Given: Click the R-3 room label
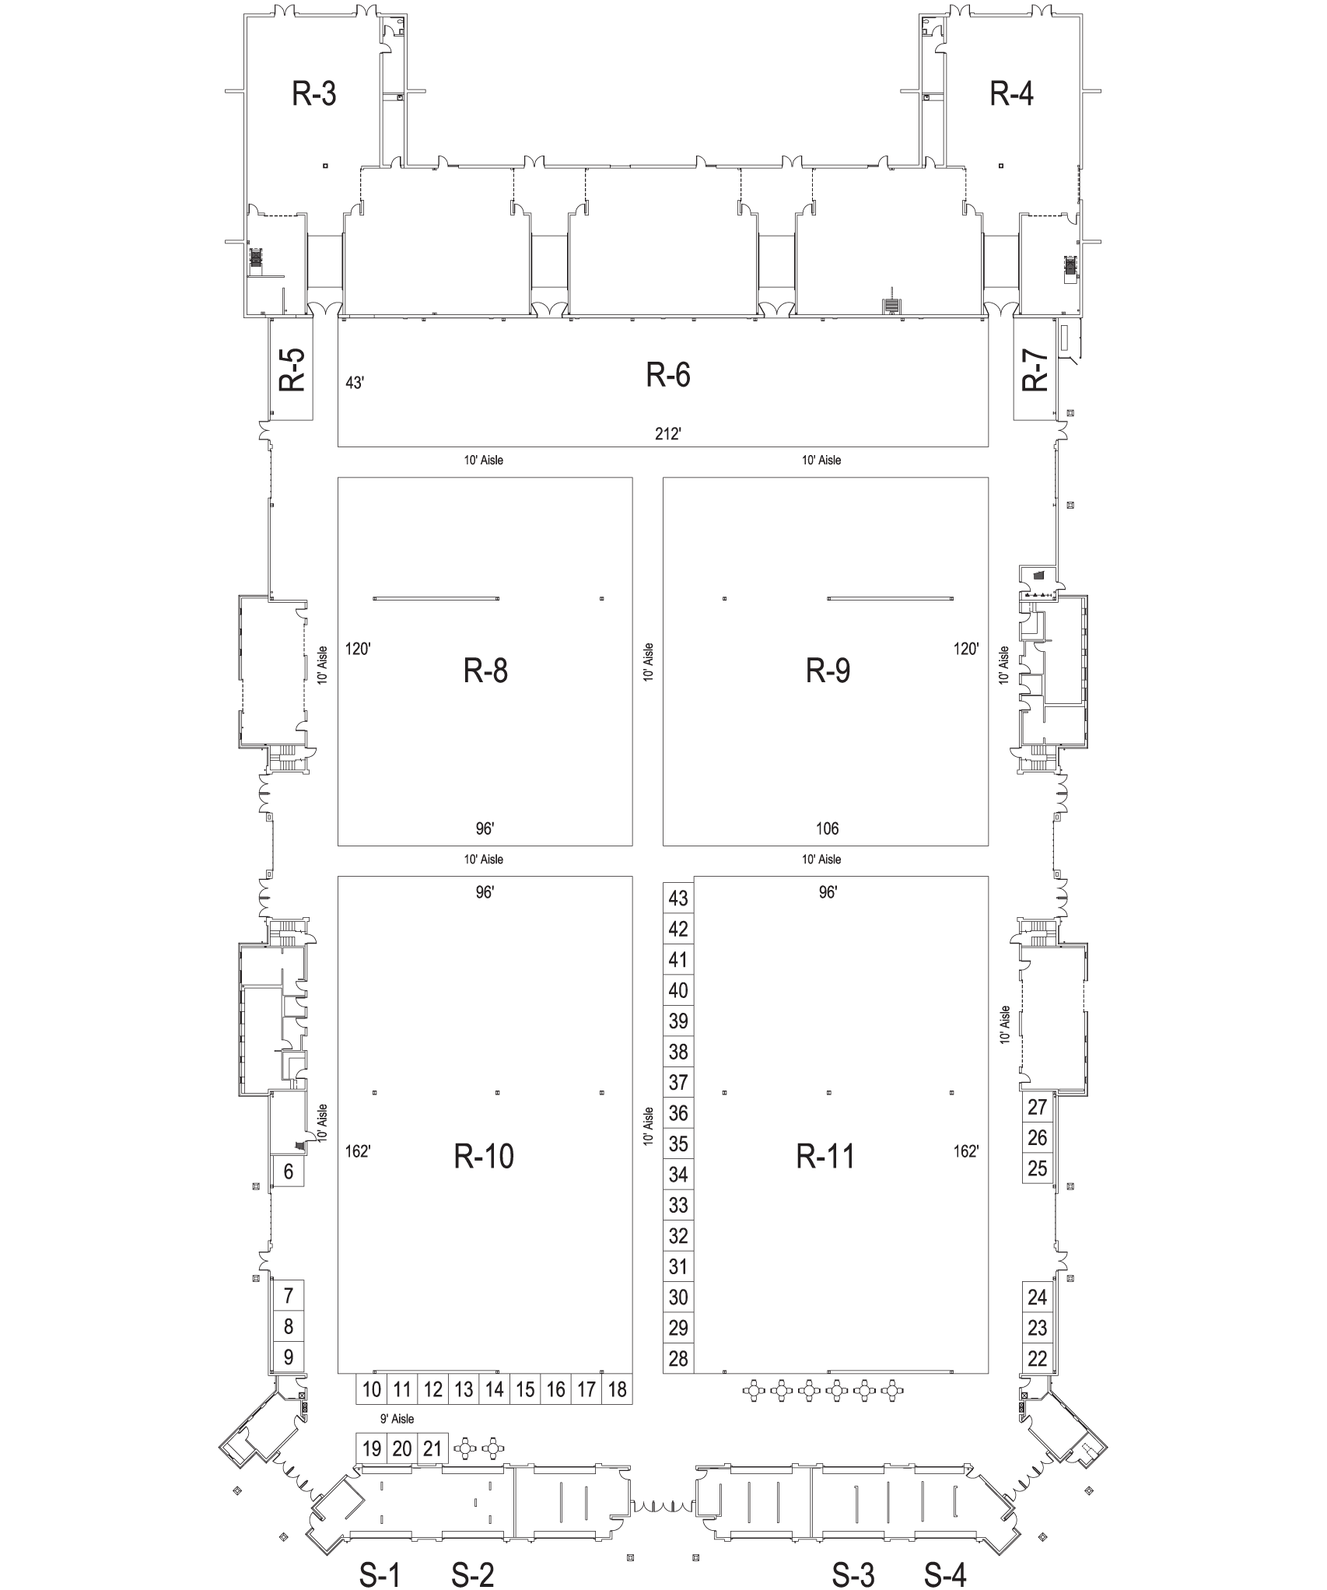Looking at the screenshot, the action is [314, 94].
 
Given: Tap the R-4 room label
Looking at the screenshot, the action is [1011, 94].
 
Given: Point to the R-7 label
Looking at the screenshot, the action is [1035, 370].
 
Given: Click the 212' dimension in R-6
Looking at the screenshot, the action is [668, 434].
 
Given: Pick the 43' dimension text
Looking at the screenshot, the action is [355, 383].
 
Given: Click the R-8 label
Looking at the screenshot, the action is [485, 670].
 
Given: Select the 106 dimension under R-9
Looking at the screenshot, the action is [828, 828].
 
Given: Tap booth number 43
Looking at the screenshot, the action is [678, 898].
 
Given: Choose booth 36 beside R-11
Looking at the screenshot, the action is [678, 1113].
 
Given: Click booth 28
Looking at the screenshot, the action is [678, 1359].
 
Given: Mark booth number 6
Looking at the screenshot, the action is [289, 1171].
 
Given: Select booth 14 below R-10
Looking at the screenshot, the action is [495, 1389].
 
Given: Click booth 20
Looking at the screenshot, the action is [402, 1449].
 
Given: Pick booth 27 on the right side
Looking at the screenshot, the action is [1038, 1107].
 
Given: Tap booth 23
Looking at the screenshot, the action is [1038, 1328].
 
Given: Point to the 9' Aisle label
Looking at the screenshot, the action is [397, 1419].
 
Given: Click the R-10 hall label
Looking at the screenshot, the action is [484, 1157].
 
